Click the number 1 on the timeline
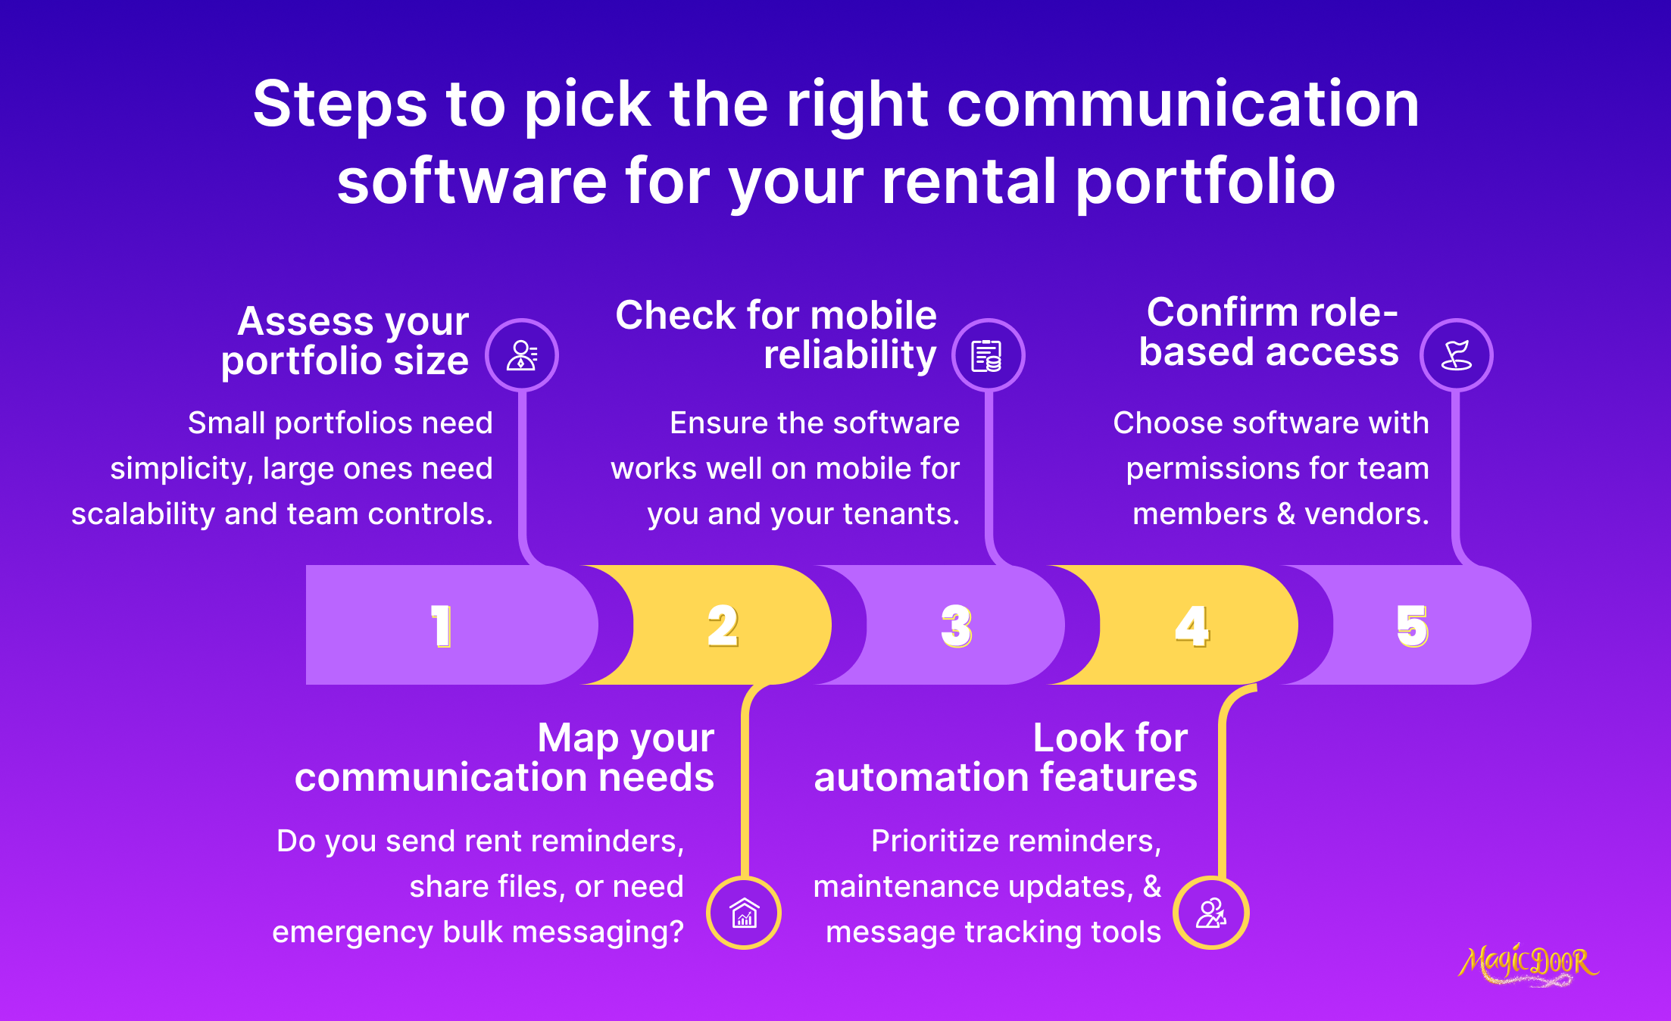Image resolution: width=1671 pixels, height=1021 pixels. [x=442, y=626]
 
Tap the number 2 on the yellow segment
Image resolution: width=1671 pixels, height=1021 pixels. [x=723, y=626]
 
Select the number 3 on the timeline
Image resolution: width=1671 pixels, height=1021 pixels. [x=957, y=626]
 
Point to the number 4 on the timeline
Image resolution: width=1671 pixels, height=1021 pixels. [x=1192, y=626]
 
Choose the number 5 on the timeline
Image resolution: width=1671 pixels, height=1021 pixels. [x=1413, y=626]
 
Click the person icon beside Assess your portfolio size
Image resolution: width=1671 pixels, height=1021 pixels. [x=522, y=355]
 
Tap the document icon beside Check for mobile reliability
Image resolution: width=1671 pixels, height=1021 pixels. [x=988, y=355]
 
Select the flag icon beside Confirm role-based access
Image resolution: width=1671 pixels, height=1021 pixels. [x=1456, y=355]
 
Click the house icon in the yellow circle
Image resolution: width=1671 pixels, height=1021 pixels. [x=744, y=913]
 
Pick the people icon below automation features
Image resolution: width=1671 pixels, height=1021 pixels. [x=1210, y=913]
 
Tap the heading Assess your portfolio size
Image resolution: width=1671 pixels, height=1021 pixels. [x=345, y=341]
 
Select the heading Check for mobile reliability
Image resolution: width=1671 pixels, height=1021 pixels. [x=776, y=335]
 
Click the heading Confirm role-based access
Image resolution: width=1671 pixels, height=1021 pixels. [x=1270, y=332]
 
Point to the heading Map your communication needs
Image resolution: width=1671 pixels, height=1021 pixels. [x=504, y=757]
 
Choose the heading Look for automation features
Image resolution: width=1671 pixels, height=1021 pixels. [x=1005, y=757]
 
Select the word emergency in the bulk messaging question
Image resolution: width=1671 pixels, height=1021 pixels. [x=352, y=932]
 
